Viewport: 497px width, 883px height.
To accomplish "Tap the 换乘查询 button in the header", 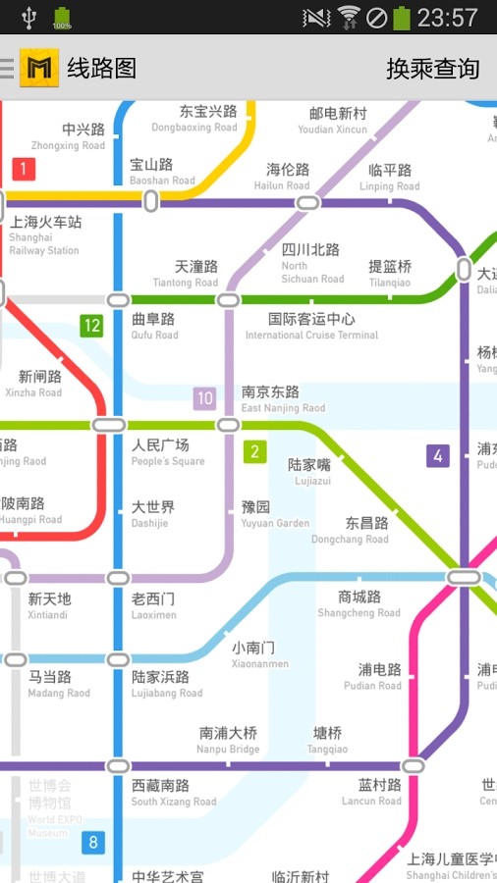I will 432,68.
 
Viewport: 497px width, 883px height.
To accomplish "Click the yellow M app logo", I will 38,67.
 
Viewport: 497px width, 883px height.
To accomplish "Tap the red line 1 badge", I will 24,169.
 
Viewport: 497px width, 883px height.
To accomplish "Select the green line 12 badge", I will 91,326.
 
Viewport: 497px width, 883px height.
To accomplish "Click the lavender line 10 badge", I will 204,398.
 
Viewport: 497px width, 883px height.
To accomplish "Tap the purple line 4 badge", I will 438,455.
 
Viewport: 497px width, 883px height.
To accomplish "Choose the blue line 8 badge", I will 93,842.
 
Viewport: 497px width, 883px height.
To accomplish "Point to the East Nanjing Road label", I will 282,399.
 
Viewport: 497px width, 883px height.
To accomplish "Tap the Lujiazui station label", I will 310,472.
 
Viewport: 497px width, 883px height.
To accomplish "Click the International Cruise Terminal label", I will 311,327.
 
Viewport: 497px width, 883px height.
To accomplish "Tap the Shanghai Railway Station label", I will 45,235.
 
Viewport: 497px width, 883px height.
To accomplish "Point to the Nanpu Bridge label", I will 229,740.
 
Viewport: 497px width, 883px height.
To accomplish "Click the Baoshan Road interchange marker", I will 151,201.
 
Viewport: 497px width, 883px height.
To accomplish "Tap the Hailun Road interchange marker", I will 307,203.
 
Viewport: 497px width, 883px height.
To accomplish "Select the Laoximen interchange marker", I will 118,578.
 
